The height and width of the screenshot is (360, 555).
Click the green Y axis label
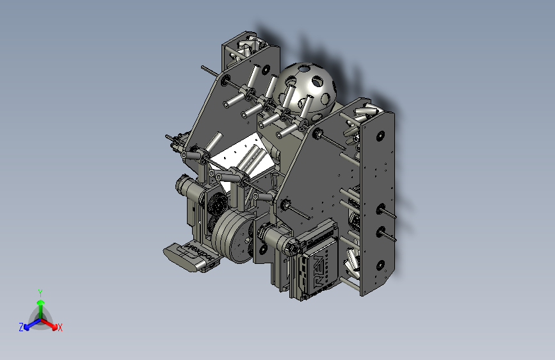40,292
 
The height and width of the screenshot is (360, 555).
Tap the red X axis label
60,328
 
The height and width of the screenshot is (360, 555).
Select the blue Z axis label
21,327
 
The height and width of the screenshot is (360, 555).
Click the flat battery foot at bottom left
189,256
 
